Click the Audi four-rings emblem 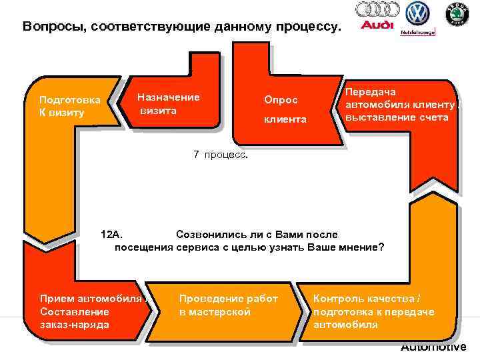(377, 9)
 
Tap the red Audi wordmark (377, 26)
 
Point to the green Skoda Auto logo (457, 13)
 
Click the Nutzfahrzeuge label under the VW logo (418, 31)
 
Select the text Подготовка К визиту (70, 106)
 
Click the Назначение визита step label (168, 103)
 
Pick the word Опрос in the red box (281, 99)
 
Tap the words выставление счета (397, 117)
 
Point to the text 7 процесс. (220, 155)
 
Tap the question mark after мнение (381, 247)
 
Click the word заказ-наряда (75, 325)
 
